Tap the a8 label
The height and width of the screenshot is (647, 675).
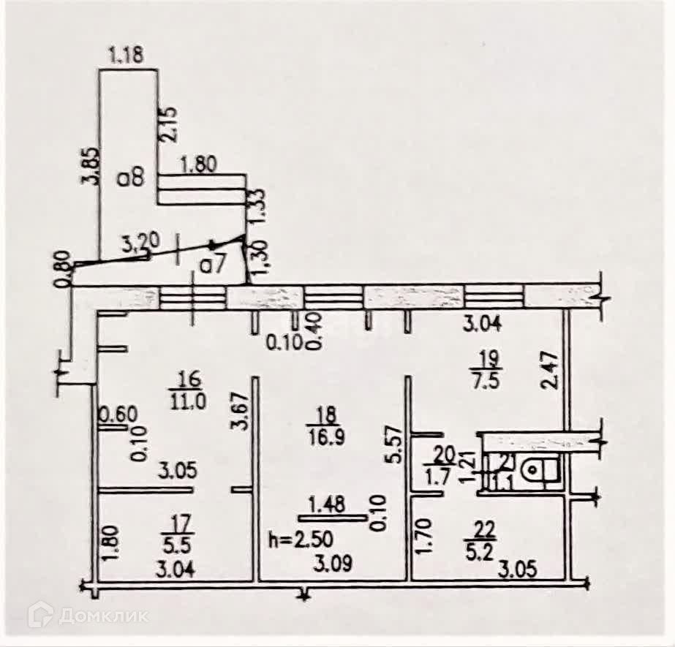(135, 178)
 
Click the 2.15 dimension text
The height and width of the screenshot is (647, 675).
(170, 125)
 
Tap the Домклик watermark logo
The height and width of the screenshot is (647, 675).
(88, 616)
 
